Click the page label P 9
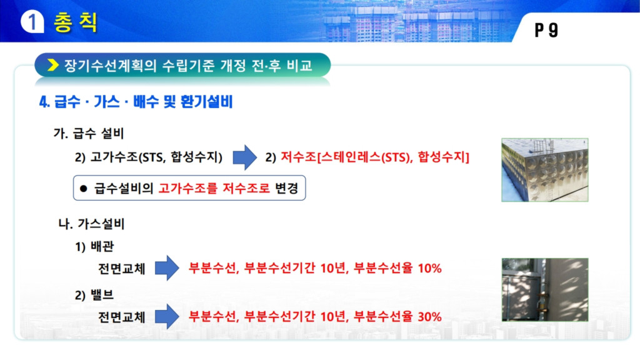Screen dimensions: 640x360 tap(546, 30)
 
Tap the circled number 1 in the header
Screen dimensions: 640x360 tap(32, 22)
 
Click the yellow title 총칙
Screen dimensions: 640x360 tap(76, 22)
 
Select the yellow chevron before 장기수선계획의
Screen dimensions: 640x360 tap(52, 64)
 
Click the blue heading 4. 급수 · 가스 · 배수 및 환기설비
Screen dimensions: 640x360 tap(136, 102)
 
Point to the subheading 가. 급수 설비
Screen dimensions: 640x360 tap(89, 134)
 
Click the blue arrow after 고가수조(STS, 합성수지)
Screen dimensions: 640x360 tap(245, 157)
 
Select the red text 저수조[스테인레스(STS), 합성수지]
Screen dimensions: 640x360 tap(375, 157)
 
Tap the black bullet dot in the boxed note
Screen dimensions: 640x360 tap(84, 189)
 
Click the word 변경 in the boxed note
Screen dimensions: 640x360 tap(286, 188)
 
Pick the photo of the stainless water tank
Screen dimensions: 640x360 tap(545, 170)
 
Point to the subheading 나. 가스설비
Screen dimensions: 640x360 tap(91, 224)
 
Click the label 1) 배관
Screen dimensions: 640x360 tap(94, 247)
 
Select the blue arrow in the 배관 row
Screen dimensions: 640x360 tap(167, 268)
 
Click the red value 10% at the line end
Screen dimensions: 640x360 tap(430, 269)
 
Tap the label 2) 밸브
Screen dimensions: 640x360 tap(94, 295)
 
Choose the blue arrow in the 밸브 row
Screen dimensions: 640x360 tap(167, 316)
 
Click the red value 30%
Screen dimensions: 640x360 tap(430, 317)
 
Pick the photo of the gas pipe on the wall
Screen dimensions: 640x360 tap(545, 290)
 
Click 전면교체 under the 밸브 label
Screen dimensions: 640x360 tap(122, 317)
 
